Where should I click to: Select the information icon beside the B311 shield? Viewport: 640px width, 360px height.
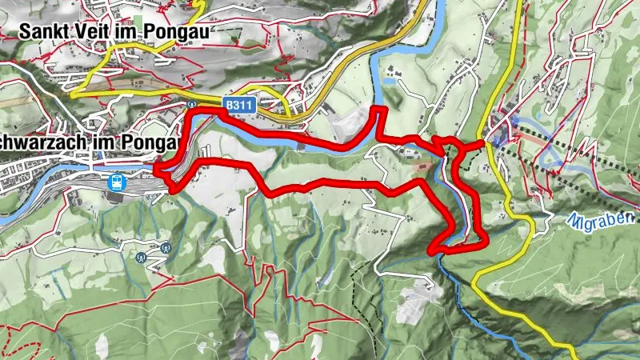192,104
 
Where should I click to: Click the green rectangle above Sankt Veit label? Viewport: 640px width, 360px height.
139,18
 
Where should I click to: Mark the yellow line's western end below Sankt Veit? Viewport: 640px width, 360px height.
71,94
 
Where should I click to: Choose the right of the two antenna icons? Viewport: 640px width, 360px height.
165,248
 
